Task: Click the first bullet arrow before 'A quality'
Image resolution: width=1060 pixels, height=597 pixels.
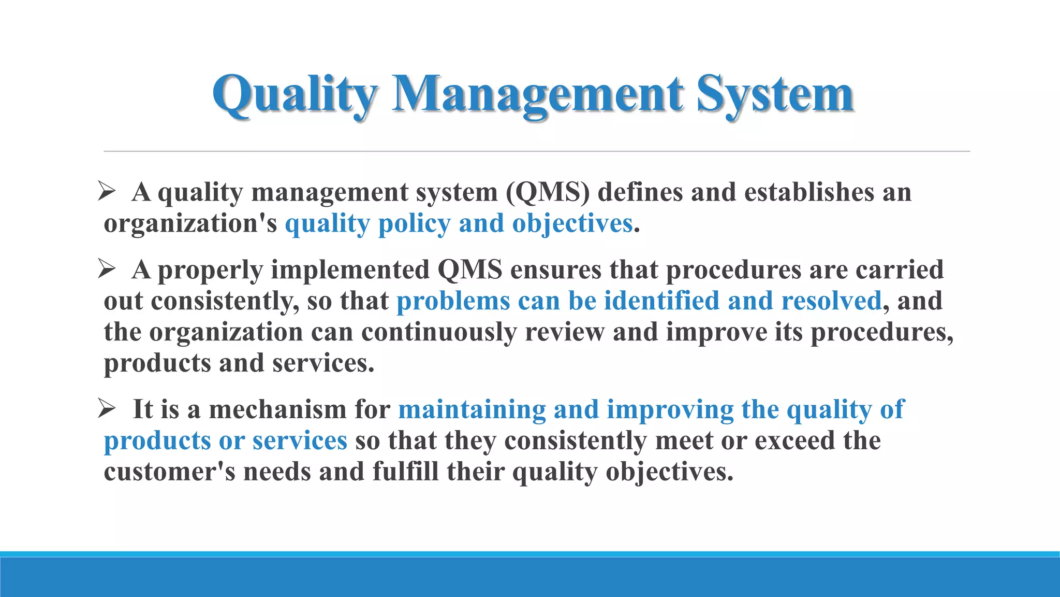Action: click(x=107, y=192)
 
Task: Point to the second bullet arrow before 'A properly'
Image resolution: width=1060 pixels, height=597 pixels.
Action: click(x=107, y=269)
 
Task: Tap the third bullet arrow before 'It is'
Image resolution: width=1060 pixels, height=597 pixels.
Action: click(x=107, y=409)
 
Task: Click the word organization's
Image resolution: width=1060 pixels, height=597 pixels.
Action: click(x=190, y=224)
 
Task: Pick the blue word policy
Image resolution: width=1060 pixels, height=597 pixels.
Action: click(x=414, y=224)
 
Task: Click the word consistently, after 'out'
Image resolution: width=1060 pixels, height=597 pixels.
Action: click(x=225, y=301)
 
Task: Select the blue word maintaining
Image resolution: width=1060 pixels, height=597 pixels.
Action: click(x=472, y=409)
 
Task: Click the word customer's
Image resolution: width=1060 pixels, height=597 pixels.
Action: click(x=169, y=472)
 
